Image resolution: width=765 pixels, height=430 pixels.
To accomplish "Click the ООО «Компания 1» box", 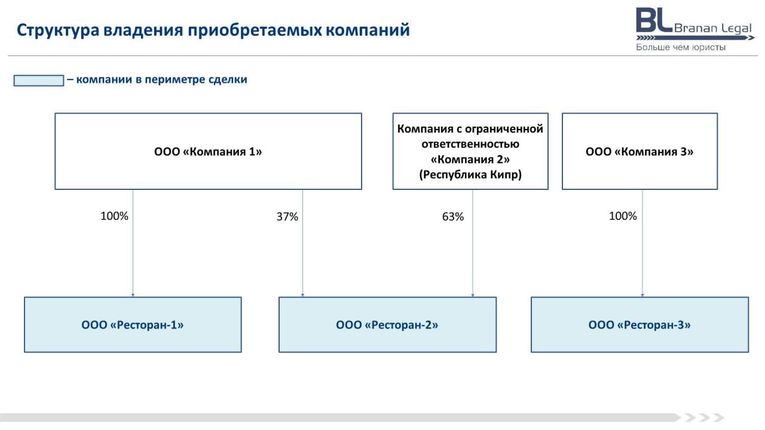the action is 209,151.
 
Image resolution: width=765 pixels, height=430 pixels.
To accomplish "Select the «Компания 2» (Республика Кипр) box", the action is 470,151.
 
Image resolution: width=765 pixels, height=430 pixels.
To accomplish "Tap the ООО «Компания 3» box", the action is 639,151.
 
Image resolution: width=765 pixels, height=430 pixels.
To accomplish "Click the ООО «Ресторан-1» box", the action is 133,324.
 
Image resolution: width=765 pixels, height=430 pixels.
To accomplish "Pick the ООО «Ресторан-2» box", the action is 388,324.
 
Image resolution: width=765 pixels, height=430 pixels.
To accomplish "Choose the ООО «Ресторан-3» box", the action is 639,324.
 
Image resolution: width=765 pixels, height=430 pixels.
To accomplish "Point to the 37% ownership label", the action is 287,216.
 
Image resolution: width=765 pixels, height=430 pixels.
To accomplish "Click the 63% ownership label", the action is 453,216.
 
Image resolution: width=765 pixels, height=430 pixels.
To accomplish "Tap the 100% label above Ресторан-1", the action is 114,216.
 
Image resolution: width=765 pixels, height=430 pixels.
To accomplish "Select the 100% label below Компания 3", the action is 623,216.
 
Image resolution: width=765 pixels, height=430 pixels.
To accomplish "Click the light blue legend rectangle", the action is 39,81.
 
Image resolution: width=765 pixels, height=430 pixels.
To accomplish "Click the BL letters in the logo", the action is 654,20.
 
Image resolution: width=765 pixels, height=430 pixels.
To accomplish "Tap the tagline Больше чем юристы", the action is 681,47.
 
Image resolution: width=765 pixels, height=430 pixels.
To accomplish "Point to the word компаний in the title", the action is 368,30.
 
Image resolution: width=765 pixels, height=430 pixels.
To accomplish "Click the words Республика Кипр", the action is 470,175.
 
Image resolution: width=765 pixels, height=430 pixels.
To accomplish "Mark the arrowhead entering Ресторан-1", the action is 133,295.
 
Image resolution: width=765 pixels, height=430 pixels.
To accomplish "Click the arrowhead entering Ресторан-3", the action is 642,295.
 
